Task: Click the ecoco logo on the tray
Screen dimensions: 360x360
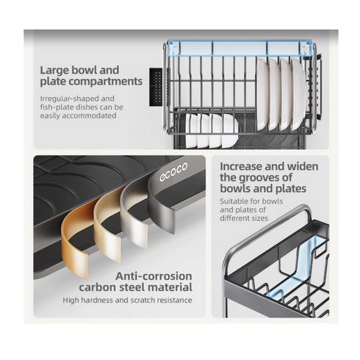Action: [173, 172]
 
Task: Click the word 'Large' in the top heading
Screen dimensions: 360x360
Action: [54, 71]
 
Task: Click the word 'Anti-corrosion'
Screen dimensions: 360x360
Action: [154, 276]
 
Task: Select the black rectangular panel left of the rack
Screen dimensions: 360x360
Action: [156, 87]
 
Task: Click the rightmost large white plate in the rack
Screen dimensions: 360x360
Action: [298, 93]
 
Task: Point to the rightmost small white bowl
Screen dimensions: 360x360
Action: [230, 131]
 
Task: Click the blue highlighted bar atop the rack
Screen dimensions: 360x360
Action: [240, 48]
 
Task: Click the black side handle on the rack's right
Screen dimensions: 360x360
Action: [319, 87]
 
